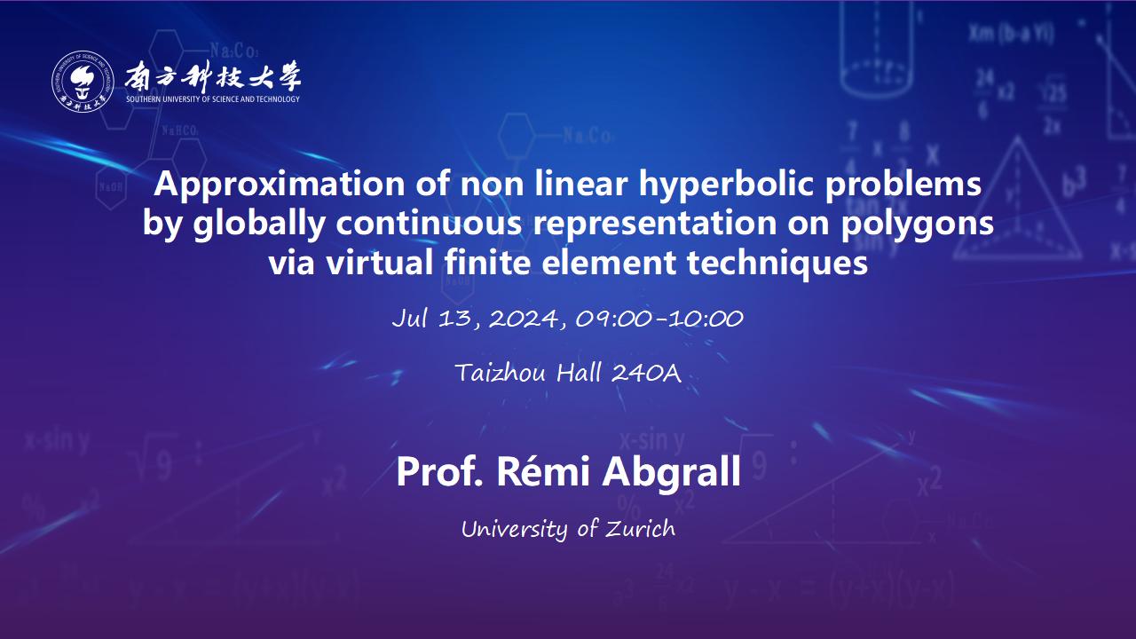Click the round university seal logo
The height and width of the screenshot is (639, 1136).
pyautogui.click(x=83, y=81)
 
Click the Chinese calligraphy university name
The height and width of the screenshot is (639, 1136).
pyautogui.click(x=213, y=76)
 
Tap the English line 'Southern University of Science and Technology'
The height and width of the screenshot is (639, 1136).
pyautogui.click(x=213, y=99)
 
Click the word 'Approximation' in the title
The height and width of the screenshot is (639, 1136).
pyautogui.click(x=280, y=185)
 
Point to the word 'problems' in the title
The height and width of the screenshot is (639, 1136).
pyautogui.click(x=903, y=184)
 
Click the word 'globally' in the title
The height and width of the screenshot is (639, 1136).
pyautogui.click(x=259, y=225)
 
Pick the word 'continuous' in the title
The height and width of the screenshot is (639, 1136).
pyautogui.click(x=429, y=223)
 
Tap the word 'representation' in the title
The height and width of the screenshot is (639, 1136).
pyautogui.click(x=654, y=225)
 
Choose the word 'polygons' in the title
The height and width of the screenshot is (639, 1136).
pyautogui.click(x=917, y=225)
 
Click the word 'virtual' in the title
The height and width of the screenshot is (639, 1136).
pyautogui.click(x=379, y=263)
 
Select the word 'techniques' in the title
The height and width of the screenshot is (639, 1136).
pyautogui.click(x=777, y=264)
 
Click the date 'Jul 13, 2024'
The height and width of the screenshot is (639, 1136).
pyautogui.click(x=475, y=319)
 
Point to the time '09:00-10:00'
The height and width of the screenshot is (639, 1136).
pyautogui.click(x=659, y=319)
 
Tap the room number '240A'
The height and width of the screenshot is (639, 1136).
pyautogui.click(x=646, y=374)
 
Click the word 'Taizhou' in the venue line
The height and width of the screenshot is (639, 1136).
pyautogui.click(x=501, y=374)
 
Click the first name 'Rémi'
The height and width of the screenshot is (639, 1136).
pyautogui.click(x=542, y=470)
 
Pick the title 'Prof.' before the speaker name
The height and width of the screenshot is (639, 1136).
pyautogui.click(x=439, y=471)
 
